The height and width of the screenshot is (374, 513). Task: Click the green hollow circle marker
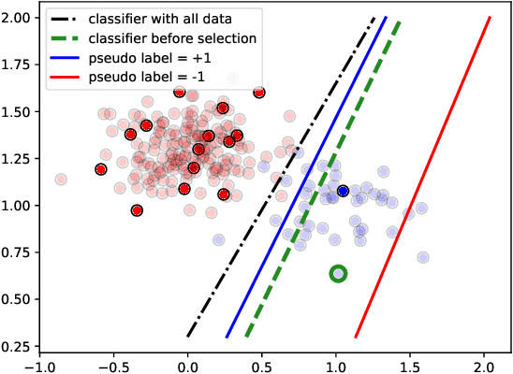[x=339, y=273]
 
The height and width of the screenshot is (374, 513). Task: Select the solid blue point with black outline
[x=344, y=191]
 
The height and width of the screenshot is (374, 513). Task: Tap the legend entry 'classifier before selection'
[x=188, y=39]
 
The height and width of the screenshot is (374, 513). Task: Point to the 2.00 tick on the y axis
[x=15, y=18]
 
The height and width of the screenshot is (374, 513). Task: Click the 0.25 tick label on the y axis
[x=15, y=346]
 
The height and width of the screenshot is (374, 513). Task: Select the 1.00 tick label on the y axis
[x=15, y=206]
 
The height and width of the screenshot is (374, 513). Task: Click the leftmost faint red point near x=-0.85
[x=61, y=180]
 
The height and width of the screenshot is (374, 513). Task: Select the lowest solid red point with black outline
[x=138, y=210]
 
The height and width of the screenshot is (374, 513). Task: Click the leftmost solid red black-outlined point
[x=101, y=169]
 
